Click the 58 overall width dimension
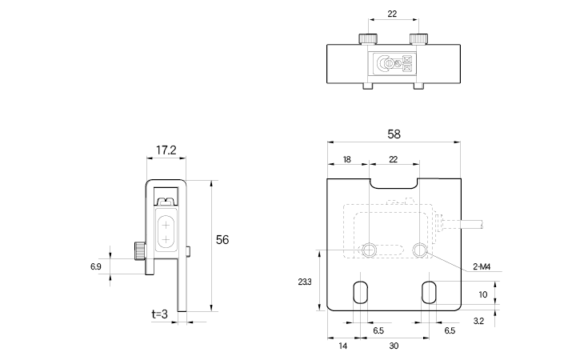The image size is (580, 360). click(394, 134)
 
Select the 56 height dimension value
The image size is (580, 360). click(223, 239)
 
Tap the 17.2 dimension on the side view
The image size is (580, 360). click(166, 150)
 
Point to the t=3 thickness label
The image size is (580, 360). click(159, 314)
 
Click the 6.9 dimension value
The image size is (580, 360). click(96, 266)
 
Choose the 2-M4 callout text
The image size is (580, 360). click(482, 267)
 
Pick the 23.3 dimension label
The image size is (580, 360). click(303, 282)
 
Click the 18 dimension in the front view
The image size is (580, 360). click(346, 160)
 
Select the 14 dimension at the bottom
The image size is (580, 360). click(342, 346)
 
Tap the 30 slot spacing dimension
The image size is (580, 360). click(394, 346)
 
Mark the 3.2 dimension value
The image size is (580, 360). click(478, 320)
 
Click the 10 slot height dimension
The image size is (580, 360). click(482, 294)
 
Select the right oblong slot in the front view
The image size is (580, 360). click(429, 291)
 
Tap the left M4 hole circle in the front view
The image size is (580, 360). click(368, 250)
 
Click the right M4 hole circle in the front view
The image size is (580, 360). click(420, 250)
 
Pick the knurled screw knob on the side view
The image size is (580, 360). click(138, 252)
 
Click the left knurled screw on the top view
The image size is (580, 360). click(367, 38)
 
